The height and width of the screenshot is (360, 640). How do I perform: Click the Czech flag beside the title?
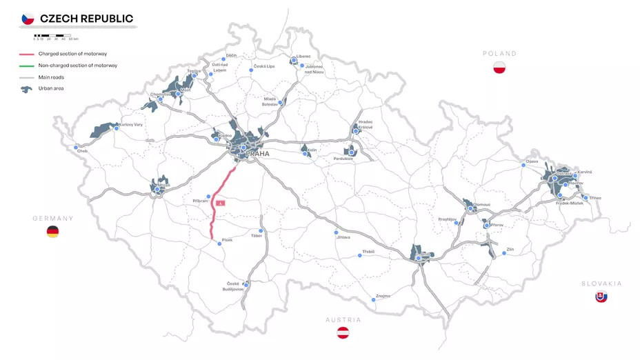28,19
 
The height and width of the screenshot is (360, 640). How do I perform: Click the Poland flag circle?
500,68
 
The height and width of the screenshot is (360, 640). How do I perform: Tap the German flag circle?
52,232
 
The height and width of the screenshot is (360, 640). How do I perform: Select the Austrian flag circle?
343,333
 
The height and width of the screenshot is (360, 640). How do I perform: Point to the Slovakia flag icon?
601,297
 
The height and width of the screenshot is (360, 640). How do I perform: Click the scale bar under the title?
51,34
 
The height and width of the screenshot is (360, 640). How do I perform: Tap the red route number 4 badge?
220,203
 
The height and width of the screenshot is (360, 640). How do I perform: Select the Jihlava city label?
343,237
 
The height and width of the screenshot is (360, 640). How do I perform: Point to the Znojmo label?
383,296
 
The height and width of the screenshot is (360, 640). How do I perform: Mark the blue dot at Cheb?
76,147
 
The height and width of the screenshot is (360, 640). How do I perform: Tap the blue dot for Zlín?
504,254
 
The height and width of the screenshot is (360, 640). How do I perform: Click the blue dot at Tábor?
261,231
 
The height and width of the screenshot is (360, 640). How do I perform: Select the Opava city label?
531,161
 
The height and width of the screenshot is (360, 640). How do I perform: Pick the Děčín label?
232,54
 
